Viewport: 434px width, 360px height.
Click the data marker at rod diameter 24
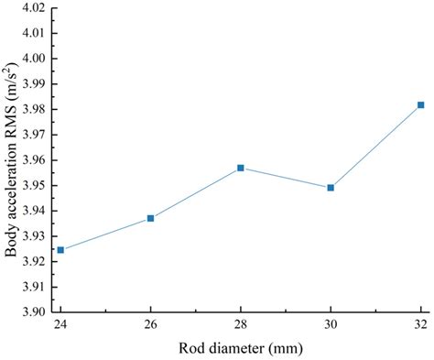coord(61,250)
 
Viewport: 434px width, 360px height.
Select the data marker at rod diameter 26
coord(151,218)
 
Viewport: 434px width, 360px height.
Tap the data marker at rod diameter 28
coord(241,168)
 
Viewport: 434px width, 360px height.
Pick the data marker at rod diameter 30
coord(331,188)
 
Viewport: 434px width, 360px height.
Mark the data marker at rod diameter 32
coord(420,105)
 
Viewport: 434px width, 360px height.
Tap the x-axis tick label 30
coord(331,326)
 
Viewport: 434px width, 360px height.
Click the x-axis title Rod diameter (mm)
coord(240,348)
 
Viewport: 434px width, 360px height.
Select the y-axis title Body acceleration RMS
coord(12,160)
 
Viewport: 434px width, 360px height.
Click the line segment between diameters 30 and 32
coord(375,147)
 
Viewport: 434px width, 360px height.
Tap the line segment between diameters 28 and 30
coord(286,178)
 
